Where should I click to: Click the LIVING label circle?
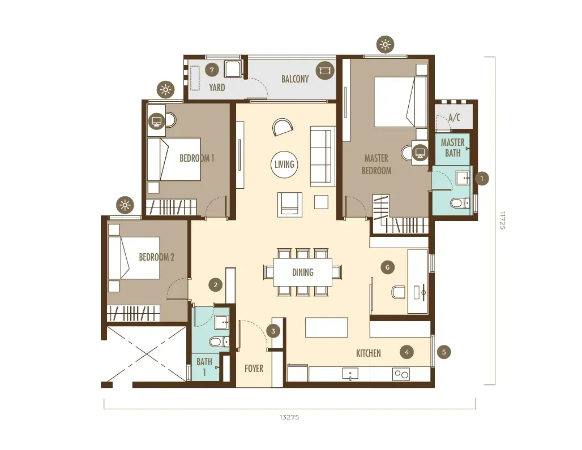coord(284,164)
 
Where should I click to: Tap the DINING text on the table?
coord(302,272)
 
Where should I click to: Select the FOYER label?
coord(254,369)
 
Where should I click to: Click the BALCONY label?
coord(295,79)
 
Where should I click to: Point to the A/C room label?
coord(454,118)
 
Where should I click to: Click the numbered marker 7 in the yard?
coord(212,70)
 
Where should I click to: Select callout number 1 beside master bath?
coord(482,179)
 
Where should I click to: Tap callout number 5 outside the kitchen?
coord(444,352)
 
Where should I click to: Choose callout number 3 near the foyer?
coord(273,331)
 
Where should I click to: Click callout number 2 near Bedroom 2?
coord(215,285)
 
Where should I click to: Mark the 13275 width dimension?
coord(289,417)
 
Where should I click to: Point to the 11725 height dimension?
coord(502,220)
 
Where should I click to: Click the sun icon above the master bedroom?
coord(386,45)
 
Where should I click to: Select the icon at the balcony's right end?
coord(325,70)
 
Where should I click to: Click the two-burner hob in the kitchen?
coord(401,374)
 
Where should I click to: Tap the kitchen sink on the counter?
coord(350,374)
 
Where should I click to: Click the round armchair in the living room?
coord(283,127)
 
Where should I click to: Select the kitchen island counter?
coord(327,327)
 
